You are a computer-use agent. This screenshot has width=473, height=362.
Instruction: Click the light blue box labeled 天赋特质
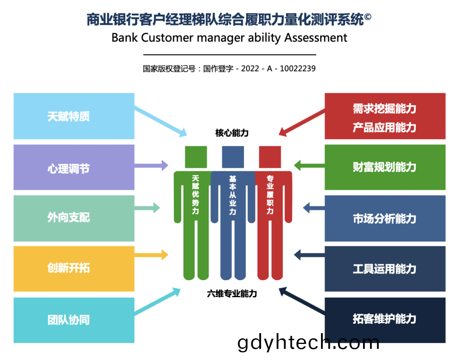[x=74, y=116]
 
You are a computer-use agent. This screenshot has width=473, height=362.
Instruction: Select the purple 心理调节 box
[x=74, y=167]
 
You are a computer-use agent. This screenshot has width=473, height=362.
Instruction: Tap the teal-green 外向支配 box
[x=74, y=218]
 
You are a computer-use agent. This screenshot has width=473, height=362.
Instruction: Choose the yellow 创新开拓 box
[x=74, y=269]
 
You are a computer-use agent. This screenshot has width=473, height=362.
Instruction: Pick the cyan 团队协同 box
[x=74, y=320]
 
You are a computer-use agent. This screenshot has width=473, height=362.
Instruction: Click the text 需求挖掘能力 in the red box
[x=385, y=108]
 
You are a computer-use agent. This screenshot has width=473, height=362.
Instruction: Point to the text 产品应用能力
[x=385, y=128]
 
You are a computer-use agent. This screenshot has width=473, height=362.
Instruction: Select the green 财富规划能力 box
[x=385, y=167]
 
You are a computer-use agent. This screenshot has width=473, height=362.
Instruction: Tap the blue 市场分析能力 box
[x=385, y=218]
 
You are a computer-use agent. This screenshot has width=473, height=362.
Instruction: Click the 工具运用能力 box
[x=385, y=269]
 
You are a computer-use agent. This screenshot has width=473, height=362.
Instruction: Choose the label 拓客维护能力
[x=385, y=319]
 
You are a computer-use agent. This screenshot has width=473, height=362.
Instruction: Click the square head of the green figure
[x=196, y=157]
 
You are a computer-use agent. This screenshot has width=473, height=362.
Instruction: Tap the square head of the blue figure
[x=233, y=157]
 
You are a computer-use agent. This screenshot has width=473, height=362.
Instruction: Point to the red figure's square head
[x=270, y=157]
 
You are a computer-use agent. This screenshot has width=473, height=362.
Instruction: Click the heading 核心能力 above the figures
[x=232, y=133]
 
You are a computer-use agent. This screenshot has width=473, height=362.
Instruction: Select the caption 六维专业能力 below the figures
[x=232, y=294]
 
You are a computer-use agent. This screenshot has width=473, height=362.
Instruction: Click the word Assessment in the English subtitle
[x=316, y=38]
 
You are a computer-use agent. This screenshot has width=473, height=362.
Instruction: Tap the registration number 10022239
[x=298, y=68]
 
